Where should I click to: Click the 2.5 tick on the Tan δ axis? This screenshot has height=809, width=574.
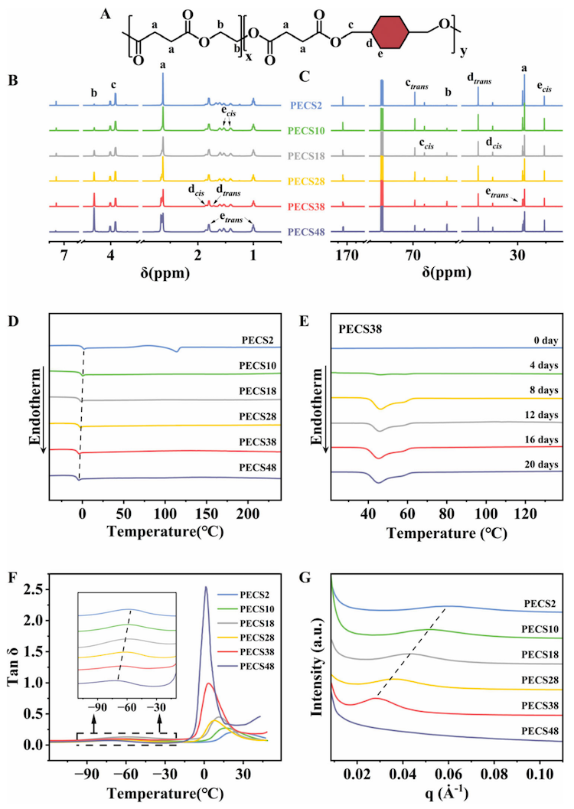pos(32,589)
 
